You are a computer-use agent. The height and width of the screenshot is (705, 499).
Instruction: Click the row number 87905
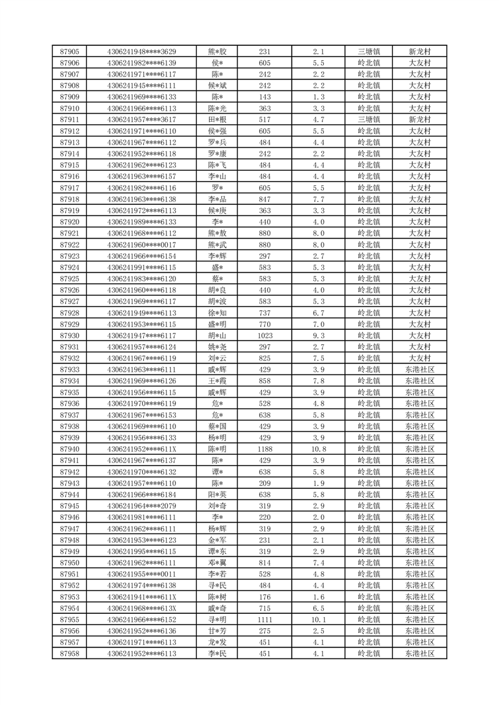click(x=69, y=52)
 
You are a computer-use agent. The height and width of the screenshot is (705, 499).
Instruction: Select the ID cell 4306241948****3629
click(x=141, y=52)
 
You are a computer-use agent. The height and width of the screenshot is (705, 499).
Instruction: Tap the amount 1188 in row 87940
click(x=265, y=449)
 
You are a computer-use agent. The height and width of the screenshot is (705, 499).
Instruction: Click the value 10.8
click(x=318, y=449)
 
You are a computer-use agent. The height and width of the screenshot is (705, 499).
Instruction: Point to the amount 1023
click(x=265, y=336)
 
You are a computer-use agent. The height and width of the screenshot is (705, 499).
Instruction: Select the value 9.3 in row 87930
click(x=318, y=336)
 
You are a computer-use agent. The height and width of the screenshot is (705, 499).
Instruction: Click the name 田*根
click(x=217, y=119)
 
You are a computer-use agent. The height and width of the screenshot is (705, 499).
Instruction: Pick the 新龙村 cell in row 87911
click(x=419, y=119)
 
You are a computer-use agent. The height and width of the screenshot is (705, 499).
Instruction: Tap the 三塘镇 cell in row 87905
click(x=368, y=52)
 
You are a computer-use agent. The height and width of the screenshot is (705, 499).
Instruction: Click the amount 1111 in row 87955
click(x=265, y=620)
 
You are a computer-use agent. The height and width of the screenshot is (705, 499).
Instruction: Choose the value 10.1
click(x=318, y=620)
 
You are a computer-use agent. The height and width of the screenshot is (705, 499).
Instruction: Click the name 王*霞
click(x=217, y=381)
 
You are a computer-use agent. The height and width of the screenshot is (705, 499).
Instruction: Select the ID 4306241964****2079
click(x=141, y=506)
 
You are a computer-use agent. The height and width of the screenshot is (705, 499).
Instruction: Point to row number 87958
click(x=69, y=653)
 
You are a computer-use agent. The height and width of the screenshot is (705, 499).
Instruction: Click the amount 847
click(x=265, y=199)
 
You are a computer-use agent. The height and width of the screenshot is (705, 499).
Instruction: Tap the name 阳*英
click(x=217, y=495)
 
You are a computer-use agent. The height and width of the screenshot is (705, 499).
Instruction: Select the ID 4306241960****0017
click(x=141, y=244)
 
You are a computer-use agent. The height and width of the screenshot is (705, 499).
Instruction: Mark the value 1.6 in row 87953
click(x=318, y=597)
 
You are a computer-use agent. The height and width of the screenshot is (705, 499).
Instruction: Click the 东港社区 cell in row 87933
click(x=419, y=369)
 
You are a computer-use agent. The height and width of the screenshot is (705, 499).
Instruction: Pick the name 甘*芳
click(x=217, y=631)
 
